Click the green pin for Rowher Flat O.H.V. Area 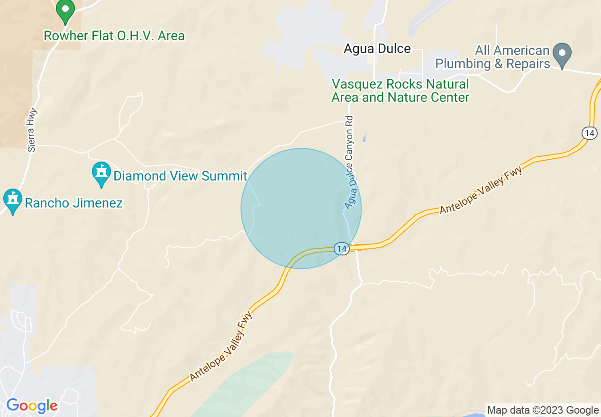coord(65,10)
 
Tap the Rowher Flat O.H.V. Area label coord(114,36)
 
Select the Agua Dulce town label coord(377,49)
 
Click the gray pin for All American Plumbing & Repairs coord(563,54)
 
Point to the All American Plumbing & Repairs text coord(492,57)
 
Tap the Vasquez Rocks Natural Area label coord(401,91)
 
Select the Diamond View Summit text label coord(180,176)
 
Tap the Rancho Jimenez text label coord(73,203)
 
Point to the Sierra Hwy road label coord(32,130)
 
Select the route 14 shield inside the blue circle coord(341,248)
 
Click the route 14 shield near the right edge coord(589,133)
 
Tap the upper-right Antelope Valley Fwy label coord(481,190)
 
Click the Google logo coord(32,406)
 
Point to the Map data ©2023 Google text coord(543,410)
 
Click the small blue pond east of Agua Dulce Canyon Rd coord(364,138)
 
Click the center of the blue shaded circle coord(301,208)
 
